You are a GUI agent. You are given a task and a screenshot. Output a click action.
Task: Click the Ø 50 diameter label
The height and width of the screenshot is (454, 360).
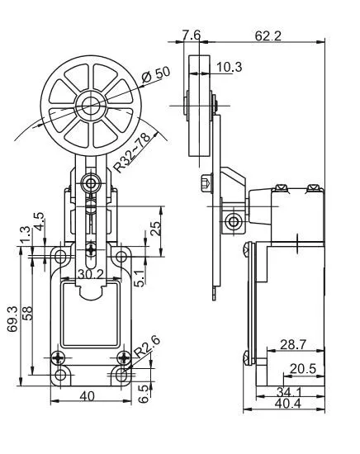point(156,75)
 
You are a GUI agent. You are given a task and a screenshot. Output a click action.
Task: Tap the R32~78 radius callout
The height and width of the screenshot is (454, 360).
point(132,153)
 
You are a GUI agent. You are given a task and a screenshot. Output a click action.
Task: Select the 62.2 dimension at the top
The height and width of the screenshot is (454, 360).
point(268,36)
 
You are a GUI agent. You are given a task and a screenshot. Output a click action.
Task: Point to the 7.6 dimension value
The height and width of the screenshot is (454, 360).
point(192,35)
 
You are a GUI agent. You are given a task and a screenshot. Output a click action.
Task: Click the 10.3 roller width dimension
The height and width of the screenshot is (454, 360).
point(229,67)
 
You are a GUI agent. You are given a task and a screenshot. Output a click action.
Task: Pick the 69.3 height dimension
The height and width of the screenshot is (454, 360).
point(12,319)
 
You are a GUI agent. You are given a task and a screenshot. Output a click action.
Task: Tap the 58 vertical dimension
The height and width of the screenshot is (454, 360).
point(28,313)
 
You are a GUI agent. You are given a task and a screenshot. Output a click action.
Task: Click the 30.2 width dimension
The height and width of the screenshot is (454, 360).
point(91,274)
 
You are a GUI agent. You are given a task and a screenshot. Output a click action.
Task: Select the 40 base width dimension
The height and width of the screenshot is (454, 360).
point(87,395)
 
